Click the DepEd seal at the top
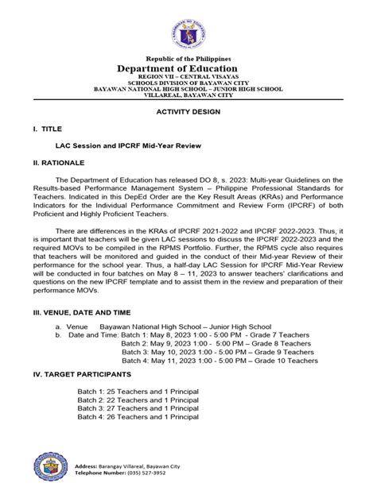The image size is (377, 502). (x=188, y=31)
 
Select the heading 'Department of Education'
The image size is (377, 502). (x=188, y=70)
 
